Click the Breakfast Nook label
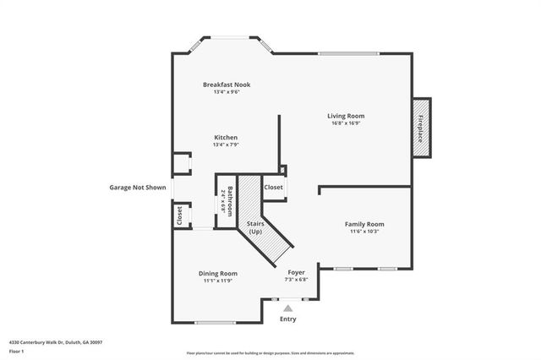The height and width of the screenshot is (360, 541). pyautogui.click(x=227, y=85)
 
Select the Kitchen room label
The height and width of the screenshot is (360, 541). pyautogui.click(x=226, y=137)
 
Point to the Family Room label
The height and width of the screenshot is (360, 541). pyautogui.click(x=364, y=224)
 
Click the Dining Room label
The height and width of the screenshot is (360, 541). pyautogui.click(x=217, y=273)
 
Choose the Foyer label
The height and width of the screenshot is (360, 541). pyautogui.click(x=296, y=272)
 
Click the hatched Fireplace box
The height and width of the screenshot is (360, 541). pyautogui.click(x=420, y=128)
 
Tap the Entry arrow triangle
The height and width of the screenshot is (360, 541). pyautogui.click(x=288, y=309)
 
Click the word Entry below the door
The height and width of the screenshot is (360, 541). pyautogui.click(x=288, y=319)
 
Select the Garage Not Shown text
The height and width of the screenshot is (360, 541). pyautogui.click(x=137, y=188)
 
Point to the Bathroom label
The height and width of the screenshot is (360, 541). pyautogui.click(x=228, y=201)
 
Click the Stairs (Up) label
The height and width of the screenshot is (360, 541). pyautogui.click(x=255, y=226)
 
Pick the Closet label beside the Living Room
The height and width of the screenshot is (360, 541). pyautogui.click(x=273, y=188)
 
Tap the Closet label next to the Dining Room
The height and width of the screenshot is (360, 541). pyautogui.click(x=179, y=215)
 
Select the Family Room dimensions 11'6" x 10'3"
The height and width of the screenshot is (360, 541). pyautogui.click(x=364, y=232)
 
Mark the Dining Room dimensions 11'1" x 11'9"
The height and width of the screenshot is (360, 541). pyautogui.click(x=217, y=281)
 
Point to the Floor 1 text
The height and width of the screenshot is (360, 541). pyautogui.click(x=17, y=351)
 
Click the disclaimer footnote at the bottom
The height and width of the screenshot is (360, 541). pyautogui.click(x=270, y=352)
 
